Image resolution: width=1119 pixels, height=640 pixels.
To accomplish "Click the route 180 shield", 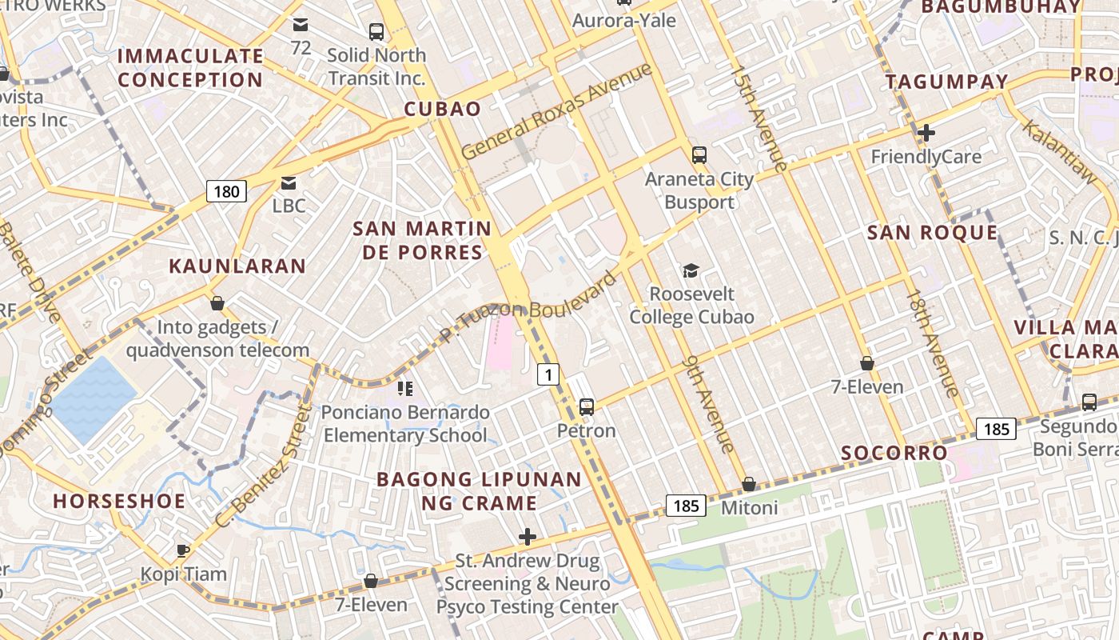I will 227,191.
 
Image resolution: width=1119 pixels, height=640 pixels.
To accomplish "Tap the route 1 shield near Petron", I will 548,374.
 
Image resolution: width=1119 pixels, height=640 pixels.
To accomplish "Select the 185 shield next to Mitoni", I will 686,506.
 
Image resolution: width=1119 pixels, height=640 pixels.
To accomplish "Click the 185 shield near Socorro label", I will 996,430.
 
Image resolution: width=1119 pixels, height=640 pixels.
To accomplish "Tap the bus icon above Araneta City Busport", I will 699,155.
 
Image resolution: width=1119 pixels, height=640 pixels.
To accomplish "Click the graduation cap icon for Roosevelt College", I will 691,271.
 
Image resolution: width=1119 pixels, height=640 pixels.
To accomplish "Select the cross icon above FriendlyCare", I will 926,133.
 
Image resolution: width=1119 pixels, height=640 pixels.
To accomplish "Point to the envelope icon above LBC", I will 289,183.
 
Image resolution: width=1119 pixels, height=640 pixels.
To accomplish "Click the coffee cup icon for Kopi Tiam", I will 183,550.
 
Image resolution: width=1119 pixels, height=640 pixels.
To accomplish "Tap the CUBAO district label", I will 443,110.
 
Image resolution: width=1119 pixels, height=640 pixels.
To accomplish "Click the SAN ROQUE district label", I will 933,233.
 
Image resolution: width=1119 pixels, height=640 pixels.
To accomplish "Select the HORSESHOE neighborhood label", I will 119,502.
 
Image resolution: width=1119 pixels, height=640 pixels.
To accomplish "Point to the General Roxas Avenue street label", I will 556,111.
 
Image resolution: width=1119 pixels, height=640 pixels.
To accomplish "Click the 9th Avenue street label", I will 709,404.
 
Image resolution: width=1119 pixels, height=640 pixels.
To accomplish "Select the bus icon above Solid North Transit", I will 376,32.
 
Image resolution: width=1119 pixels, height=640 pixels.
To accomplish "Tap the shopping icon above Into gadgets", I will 217,304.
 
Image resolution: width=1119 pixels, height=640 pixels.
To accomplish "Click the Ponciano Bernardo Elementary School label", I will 405,424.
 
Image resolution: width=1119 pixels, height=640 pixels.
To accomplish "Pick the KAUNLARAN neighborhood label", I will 237,266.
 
